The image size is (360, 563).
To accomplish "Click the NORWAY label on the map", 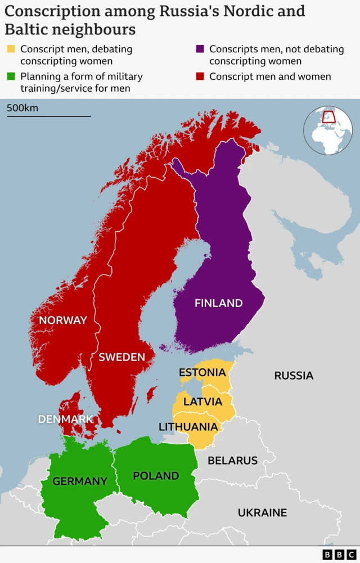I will coord(62,320).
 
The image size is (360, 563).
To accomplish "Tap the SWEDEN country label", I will coord(121,357).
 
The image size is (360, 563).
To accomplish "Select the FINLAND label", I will coord(218,303).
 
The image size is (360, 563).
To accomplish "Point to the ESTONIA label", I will coord(202,372).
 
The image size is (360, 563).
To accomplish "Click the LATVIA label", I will coord(202,402).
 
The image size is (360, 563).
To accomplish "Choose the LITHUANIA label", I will coord(188,427).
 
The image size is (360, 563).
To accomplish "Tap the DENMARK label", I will coord(65,419).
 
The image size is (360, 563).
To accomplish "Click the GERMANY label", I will coord(79,481).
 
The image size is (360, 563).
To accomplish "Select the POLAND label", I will coord(156,476).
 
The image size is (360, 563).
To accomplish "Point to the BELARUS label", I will coord(232,461).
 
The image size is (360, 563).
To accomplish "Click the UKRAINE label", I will coord(262,512).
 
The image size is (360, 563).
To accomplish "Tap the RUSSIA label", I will coord(294,375).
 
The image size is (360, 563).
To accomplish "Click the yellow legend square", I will coord(11,49).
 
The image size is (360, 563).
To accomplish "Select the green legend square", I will coord(11,76).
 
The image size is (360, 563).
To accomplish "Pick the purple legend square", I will coord(200,49).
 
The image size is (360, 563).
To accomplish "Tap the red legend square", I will coord(200,76).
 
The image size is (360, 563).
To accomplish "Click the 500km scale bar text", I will coord(22,107).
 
